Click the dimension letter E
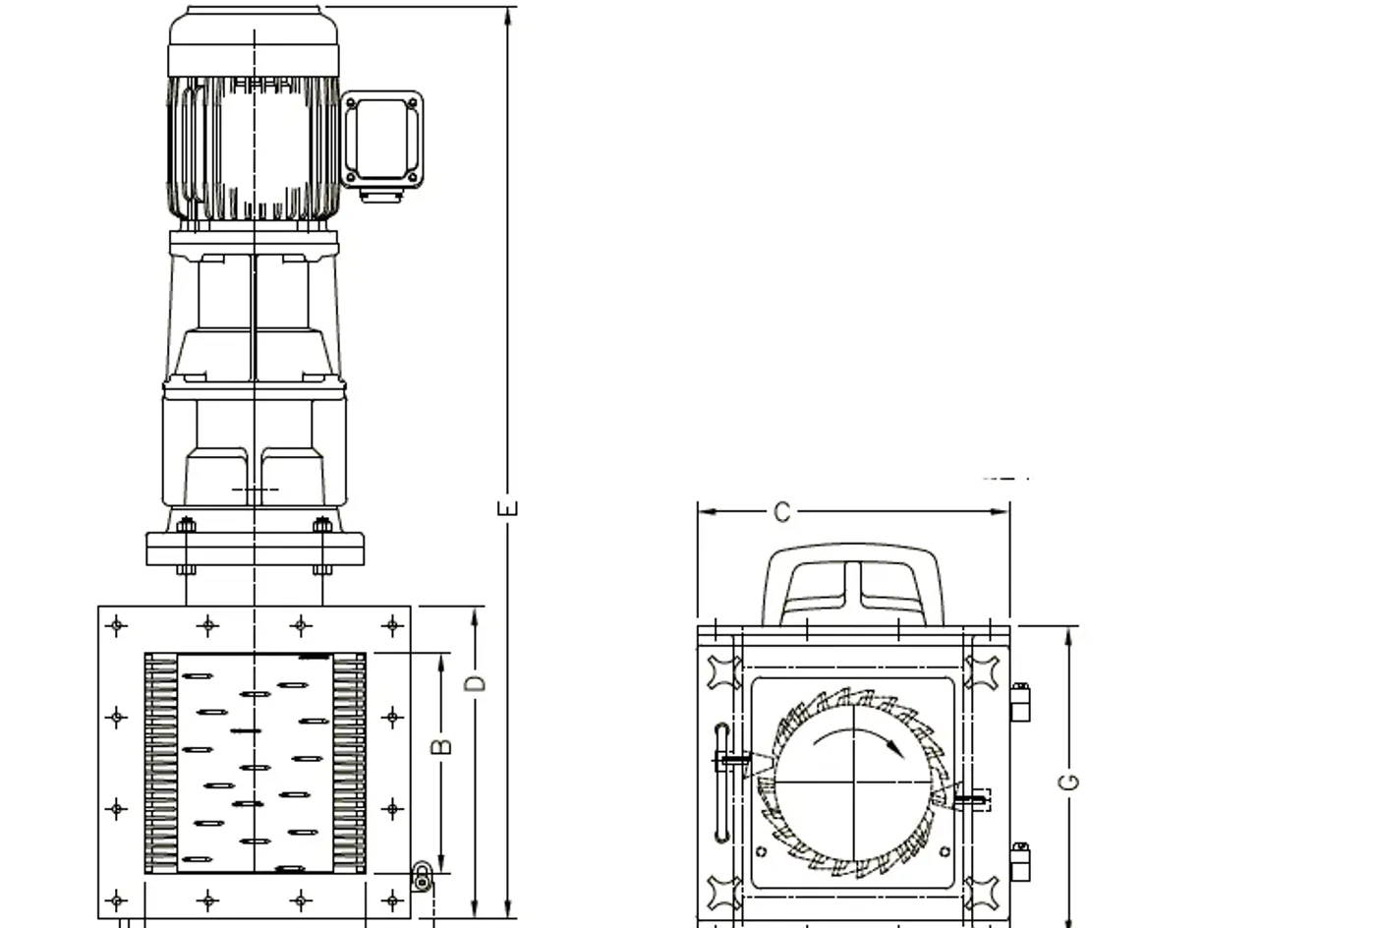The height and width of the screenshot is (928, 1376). point(508,507)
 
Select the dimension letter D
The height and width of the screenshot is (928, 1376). point(476,681)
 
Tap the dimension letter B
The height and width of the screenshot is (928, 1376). point(443,745)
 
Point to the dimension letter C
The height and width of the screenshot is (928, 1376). point(781,512)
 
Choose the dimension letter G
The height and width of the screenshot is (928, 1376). point(1069,782)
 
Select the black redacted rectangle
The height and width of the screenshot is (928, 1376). point(954,192)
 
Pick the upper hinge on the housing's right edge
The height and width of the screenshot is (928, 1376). point(1020,702)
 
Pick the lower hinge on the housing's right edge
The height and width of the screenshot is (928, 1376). point(1020,862)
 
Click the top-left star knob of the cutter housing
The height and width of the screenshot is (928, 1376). point(724,672)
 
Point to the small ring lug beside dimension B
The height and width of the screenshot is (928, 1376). point(422,877)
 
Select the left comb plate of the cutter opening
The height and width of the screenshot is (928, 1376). point(160,764)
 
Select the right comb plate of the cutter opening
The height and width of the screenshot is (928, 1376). point(348,764)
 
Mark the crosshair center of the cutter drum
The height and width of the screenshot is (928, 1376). point(855,783)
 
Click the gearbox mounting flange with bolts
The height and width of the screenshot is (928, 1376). point(255,548)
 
